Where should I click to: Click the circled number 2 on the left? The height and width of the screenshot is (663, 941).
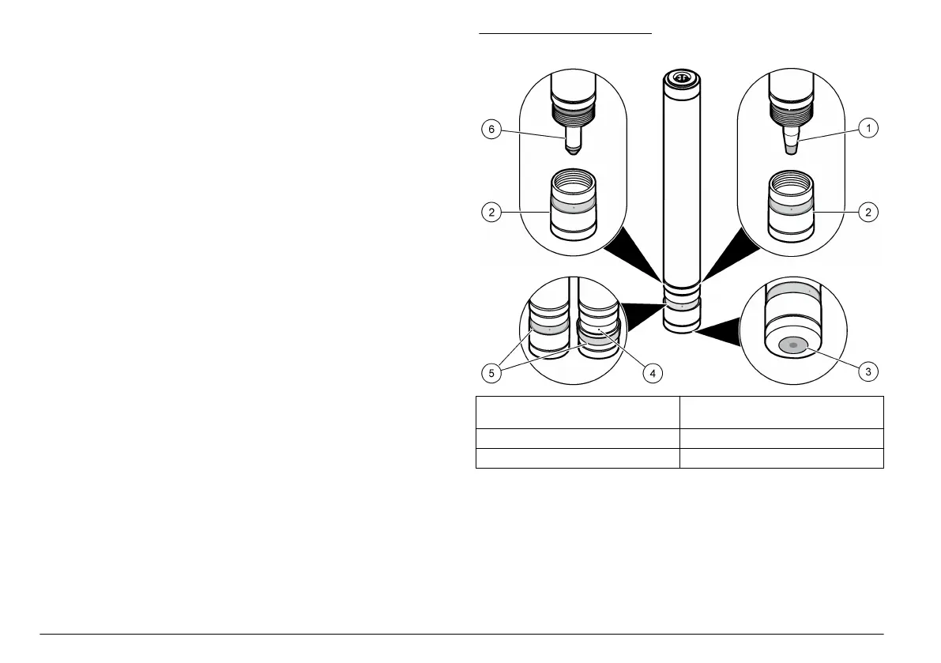point(491,212)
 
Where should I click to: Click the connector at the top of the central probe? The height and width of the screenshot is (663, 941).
point(681,79)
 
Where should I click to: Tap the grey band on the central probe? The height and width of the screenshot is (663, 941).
point(681,302)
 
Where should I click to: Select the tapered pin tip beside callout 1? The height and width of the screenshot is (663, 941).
point(792,145)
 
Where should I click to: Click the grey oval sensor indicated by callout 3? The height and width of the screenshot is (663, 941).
point(792,345)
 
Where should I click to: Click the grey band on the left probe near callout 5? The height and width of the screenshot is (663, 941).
point(548,327)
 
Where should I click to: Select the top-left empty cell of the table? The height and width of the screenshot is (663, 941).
point(578,411)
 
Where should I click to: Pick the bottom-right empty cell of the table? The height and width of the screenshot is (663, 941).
point(781,458)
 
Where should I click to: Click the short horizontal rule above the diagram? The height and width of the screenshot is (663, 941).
point(566,34)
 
